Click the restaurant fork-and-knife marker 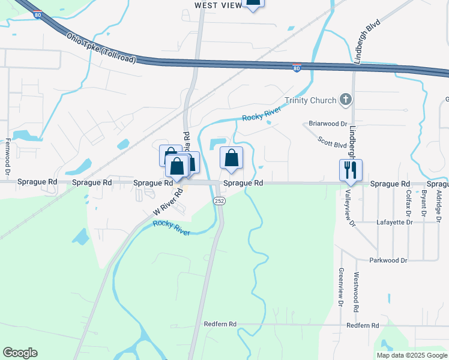point(351,170)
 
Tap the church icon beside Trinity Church point(345,100)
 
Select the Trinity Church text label point(310,100)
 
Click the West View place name point(218,5)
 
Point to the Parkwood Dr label point(388,260)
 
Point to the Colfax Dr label point(408,203)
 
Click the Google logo point(20,353)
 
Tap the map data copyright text point(412,355)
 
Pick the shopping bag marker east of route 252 point(232,158)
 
